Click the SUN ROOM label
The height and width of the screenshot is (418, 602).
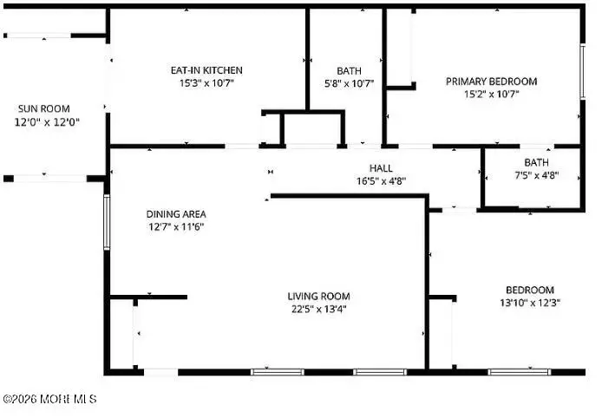pos(43,109)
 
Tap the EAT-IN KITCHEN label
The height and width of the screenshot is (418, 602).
pos(206,70)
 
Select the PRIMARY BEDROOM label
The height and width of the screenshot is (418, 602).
pos(491,82)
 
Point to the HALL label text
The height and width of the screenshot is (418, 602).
pos(381,168)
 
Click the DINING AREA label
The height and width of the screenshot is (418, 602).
pos(175,213)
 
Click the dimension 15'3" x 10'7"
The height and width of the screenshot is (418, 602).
pos(206,83)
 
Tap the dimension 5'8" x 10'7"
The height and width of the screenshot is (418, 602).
pos(349,83)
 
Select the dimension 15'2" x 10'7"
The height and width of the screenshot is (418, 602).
pos(491,95)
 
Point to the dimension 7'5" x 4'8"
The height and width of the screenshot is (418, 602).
pos(535,175)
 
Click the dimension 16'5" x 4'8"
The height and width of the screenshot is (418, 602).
pos(381,181)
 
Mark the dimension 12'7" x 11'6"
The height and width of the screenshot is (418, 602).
pos(175,226)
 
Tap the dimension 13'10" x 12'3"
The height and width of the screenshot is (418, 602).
pos(529,303)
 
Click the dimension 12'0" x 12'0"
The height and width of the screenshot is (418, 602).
pos(43,122)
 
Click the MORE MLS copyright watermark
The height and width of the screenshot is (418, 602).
pos(49,399)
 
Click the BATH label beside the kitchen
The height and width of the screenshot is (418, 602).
pos(349,70)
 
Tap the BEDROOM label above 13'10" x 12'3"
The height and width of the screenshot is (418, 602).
pos(529,290)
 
